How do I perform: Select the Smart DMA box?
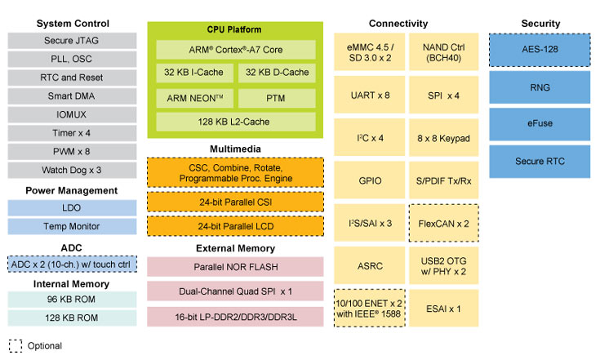click(71, 96)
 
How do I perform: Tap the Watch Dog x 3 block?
click(71, 170)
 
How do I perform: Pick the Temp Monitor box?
click(71, 226)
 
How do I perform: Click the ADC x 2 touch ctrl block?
click(71, 264)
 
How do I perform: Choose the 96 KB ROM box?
click(71, 300)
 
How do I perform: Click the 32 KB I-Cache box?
click(193, 73)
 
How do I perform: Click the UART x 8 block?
click(369, 96)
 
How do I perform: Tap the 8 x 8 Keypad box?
click(442, 139)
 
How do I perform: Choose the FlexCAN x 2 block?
click(442, 223)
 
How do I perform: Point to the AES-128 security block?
click(539, 50)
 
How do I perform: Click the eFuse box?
click(539, 123)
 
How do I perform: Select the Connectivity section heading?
click(398, 23)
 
